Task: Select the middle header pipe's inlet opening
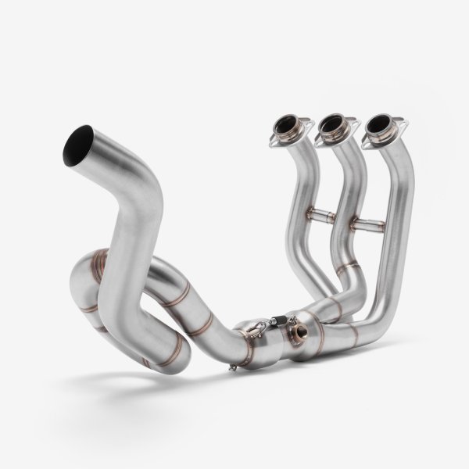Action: pos(332,123)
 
